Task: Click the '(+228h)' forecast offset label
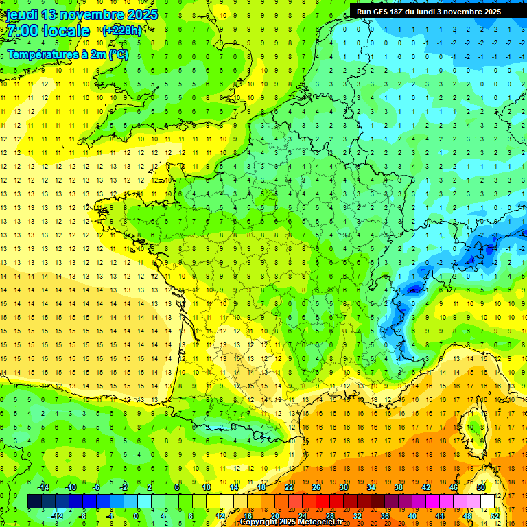pyautogui.click(x=121, y=30)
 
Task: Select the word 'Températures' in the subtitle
pyautogui.click(x=45, y=55)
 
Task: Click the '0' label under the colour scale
pyautogui.click(x=136, y=515)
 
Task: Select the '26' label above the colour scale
pyautogui.click(x=316, y=487)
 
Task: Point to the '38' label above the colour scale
pyautogui.click(x=398, y=487)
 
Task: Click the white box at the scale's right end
pyautogui.click(x=487, y=502)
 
